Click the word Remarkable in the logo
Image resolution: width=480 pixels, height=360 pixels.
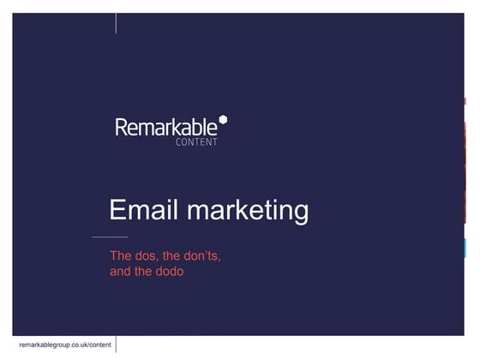point(168,129)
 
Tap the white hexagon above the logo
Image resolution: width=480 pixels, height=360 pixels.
point(223,119)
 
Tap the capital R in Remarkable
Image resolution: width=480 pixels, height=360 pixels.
point(121,129)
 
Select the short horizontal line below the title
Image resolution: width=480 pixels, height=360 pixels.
point(109,237)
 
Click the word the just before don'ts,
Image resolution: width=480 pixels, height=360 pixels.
point(173,255)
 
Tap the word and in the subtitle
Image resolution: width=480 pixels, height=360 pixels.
point(121,272)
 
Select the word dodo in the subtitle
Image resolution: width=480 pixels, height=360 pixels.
point(171,272)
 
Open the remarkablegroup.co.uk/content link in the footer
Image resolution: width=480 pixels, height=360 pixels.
point(65,344)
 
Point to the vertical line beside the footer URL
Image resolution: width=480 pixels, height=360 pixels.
point(117,344)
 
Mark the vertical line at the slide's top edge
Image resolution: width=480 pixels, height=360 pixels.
point(117,22)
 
